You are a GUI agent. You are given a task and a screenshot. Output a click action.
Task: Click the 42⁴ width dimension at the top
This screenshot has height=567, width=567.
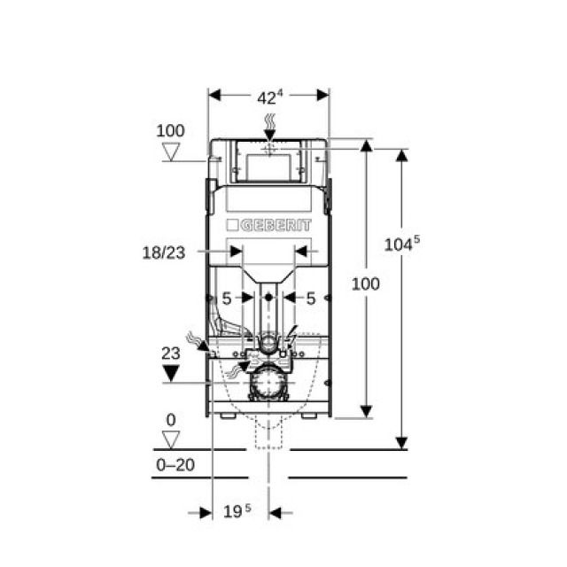[268, 96]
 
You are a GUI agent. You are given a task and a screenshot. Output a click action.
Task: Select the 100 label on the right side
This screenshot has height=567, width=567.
[366, 283]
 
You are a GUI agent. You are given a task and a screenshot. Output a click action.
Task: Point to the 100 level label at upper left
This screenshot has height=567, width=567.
[171, 131]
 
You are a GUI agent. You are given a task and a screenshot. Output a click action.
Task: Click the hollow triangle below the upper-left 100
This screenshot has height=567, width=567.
[171, 152]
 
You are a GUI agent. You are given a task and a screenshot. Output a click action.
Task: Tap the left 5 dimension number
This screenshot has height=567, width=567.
[227, 299]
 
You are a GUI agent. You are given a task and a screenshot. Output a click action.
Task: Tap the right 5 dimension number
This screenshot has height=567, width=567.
[310, 299]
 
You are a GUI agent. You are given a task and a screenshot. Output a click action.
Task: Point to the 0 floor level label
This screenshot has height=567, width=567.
[170, 420]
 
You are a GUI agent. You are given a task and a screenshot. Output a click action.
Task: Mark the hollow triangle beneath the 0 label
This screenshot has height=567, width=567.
[171, 438]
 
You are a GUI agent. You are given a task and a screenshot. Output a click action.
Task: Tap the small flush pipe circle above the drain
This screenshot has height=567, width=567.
[267, 342]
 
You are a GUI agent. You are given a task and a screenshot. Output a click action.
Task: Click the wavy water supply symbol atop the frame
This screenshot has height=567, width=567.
[268, 123]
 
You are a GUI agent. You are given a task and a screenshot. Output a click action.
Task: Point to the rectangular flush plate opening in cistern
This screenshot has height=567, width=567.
[268, 167]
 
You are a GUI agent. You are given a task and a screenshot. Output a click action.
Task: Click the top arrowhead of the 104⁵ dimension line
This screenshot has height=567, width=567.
[401, 156]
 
